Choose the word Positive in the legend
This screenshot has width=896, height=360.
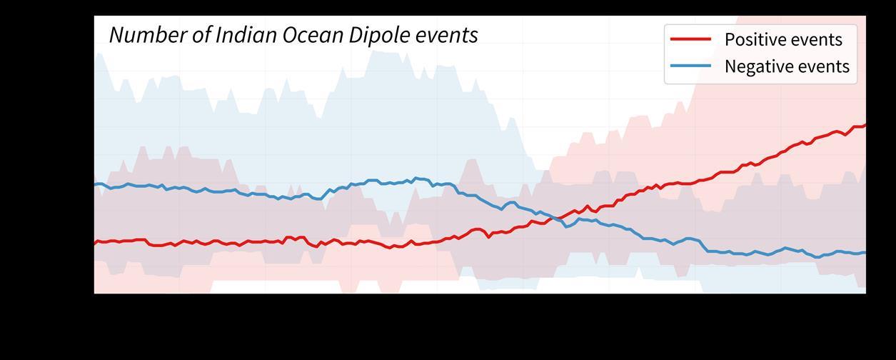[753, 39]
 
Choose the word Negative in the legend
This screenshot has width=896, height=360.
[758, 66]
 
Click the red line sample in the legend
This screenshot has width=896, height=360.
[691, 39]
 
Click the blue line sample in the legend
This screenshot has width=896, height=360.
[691, 66]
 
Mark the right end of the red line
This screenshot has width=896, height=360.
[865, 126]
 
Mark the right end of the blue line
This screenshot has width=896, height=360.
[865, 252]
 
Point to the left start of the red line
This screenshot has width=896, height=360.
[95, 244]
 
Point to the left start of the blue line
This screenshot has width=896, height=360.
[95, 185]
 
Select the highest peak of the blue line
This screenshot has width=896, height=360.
[417, 178]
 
